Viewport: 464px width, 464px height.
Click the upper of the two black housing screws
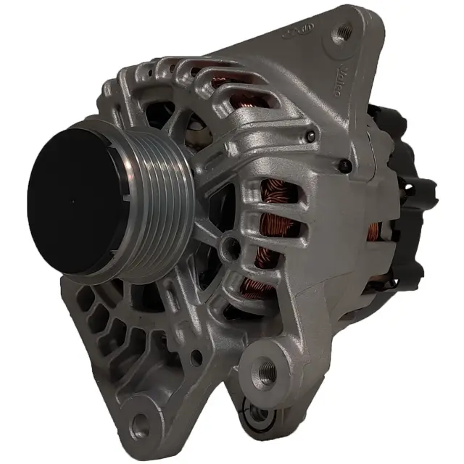point(311,134)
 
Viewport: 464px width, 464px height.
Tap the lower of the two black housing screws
point(347,167)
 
